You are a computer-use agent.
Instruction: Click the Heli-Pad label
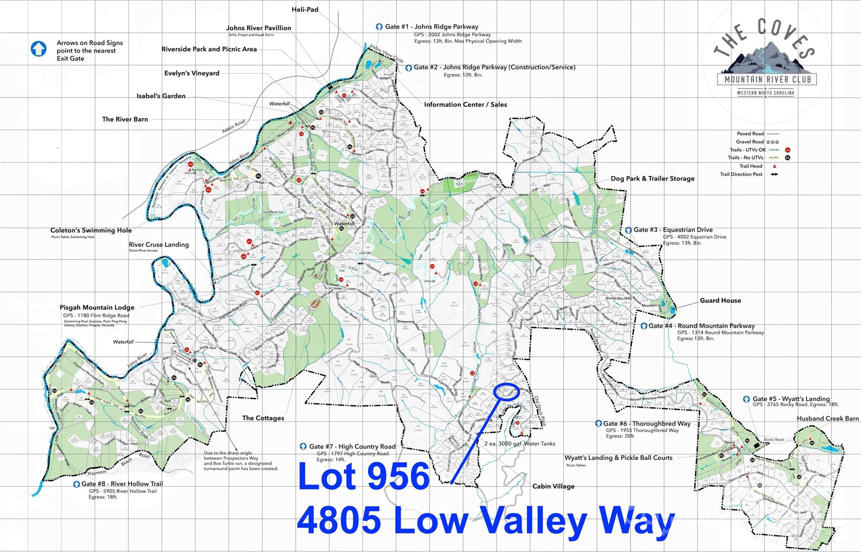[x=305, y=9]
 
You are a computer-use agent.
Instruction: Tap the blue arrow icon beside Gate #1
[x=379, y=27]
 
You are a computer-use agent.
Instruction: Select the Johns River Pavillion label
[x=259, y=28]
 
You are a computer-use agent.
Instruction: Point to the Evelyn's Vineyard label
[x=192, y=73]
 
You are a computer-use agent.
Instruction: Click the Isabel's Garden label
[x=161, y=96]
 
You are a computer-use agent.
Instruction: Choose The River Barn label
[x=125, y=119]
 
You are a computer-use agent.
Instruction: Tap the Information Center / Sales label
[x=465, y=105]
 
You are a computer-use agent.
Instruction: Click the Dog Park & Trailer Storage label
[x=652, y=179]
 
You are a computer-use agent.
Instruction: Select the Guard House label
[x=720, y=300]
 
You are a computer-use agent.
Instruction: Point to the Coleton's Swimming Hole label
[x=91, y=230]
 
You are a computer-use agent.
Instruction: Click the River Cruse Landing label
[x=158, y=244]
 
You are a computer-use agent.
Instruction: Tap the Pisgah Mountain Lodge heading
[x=97, y=308]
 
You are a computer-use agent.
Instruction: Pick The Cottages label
[x=263, y=418]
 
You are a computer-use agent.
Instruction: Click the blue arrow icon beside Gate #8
[x=77, y=484]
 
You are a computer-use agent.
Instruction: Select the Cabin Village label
[x=553, y=486]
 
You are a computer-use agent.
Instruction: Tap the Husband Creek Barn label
[x=827, y=418]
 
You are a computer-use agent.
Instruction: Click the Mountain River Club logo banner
[x=767, y=79]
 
